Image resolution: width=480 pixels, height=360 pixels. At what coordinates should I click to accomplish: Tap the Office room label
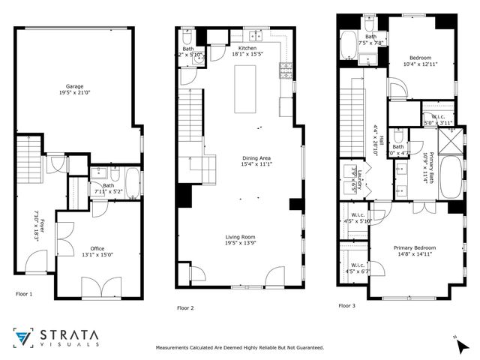pyautogui.click(x=97, y=247)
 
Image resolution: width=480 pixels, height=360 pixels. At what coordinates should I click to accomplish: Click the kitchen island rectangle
pyautogui.click(x=245, y=89)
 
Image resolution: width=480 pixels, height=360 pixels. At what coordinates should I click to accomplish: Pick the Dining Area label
pyautogui.click(x=251, y=158)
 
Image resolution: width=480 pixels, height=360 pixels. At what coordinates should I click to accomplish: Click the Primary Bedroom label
pyautogui.click(x=415, y=247)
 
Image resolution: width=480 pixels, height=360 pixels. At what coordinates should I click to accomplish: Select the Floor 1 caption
pyautogui.click(x=24, y=294)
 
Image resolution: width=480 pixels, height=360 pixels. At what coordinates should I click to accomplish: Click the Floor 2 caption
pyautogui.click(x=185, y=307)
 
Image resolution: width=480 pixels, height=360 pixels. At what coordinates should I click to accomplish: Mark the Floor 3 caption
pyautogui.click(x=346, y=305)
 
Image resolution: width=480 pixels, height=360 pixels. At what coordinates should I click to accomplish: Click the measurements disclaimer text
pyautogui.click(x=239, y=347)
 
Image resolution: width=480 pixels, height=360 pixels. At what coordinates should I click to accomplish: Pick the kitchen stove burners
pyautogui.click(x=286, y=71)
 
